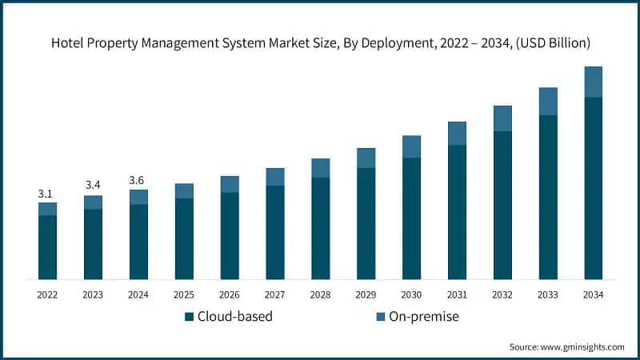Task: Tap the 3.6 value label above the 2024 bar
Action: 138,182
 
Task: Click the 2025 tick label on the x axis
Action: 184,294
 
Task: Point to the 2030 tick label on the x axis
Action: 411,294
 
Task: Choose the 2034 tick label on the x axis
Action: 593,294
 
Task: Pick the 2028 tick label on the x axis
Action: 320,294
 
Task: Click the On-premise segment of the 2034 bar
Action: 593,82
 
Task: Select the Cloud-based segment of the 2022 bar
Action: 47,247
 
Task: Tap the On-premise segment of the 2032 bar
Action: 502,118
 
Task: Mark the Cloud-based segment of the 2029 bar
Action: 366,223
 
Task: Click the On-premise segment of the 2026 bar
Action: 230,184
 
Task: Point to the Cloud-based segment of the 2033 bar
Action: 548,197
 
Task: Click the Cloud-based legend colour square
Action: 189,317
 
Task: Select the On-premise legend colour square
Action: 380,317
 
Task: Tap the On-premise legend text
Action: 424,317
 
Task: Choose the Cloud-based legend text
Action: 235,317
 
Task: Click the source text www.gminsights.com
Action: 582,346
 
